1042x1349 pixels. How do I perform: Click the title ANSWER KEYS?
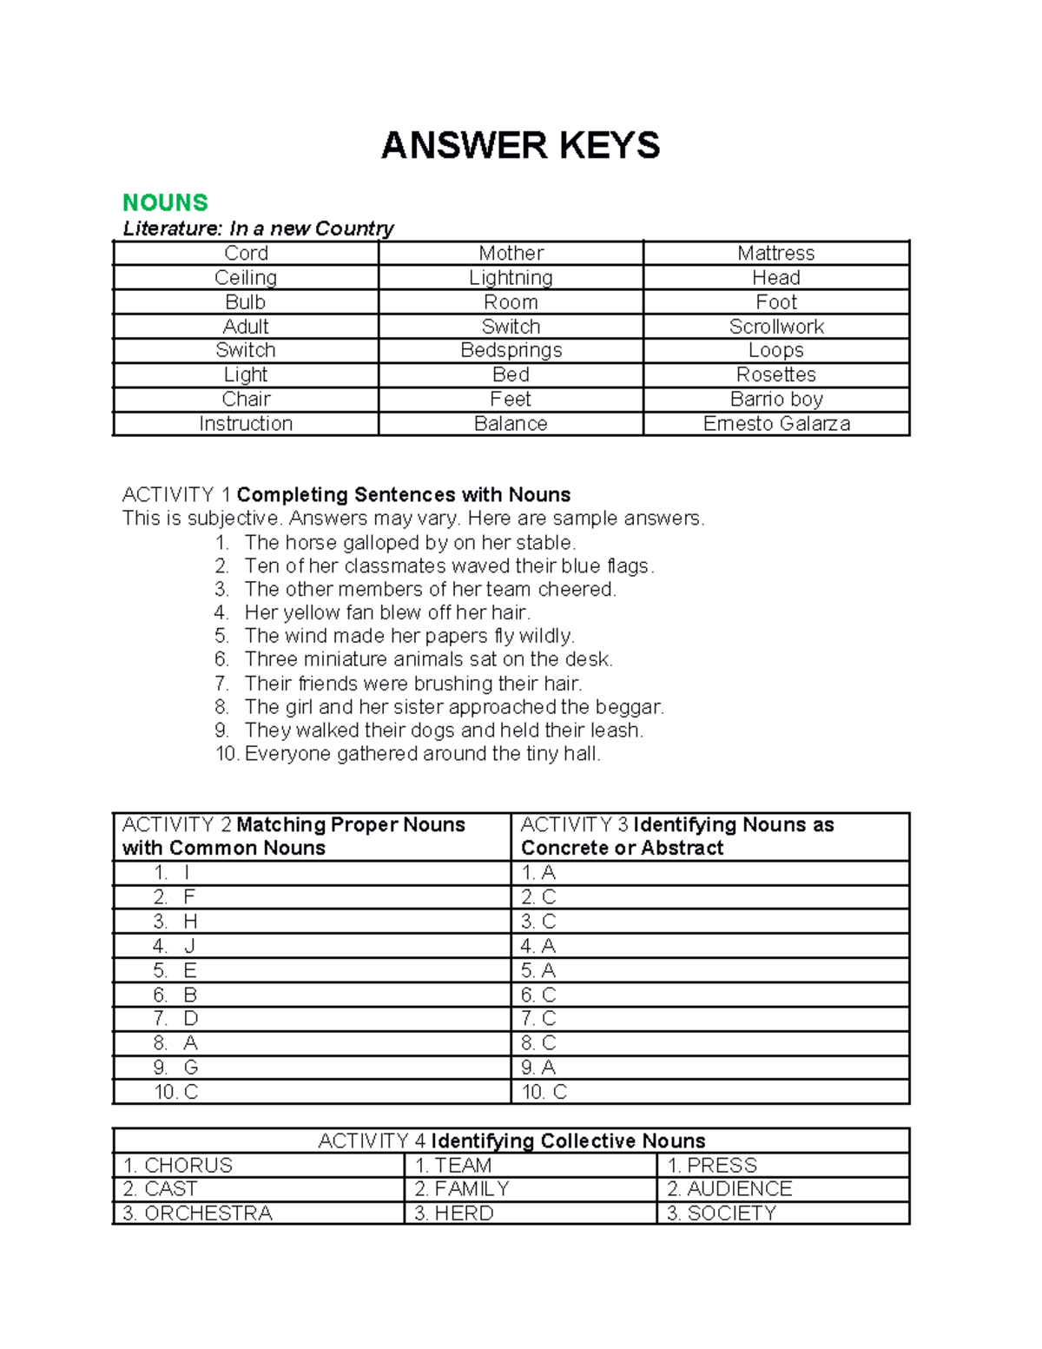tap(520, 145)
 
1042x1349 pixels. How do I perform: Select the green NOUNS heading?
tap(165, 202)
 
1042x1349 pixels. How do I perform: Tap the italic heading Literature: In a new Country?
tap(258, 228)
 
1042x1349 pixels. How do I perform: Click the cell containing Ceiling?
tap(246, 278)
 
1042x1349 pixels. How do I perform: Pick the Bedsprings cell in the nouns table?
tap(511, 350)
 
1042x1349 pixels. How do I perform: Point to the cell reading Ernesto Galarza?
tap(776, 424)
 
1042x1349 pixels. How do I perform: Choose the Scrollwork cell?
tap(776, 327)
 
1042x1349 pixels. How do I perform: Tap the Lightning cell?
tap(511, 278)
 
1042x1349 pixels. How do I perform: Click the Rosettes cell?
tap(776, 374)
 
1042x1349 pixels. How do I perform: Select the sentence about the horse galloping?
tap(409, 543)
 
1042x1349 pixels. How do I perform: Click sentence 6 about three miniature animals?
tap(428, 659)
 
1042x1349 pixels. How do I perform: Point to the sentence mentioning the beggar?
tap(453, 707)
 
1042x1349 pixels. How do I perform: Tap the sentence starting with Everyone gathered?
tap(422, 754)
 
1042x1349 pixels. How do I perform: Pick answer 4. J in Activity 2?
tap(175, 946)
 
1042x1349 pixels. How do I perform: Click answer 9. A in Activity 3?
tap(538, 1068)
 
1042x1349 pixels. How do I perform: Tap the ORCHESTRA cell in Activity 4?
tap(198, 1213)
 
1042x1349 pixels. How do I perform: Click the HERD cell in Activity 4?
tap(454, 1213)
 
